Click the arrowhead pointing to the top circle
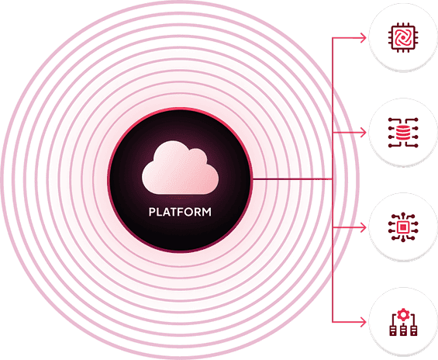[x=366, y=36]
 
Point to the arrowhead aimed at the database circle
[x=366, y=132]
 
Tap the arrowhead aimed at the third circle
[x=366, y=227]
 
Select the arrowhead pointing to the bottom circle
[x=366, y=322]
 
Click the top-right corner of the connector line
[x=333, y=36]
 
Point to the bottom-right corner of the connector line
[x=333, y=322]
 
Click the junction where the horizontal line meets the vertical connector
[x=333, y=180]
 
